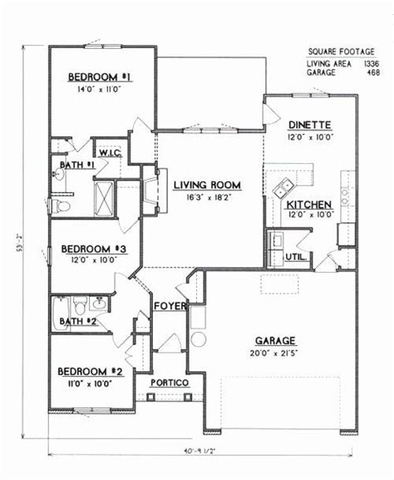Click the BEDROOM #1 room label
pos(101,77)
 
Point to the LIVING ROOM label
pos(208,186)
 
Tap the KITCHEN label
pos(309,204)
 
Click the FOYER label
pos(170,307)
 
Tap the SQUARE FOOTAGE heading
pos(330,51)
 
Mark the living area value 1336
pos(370,63)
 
